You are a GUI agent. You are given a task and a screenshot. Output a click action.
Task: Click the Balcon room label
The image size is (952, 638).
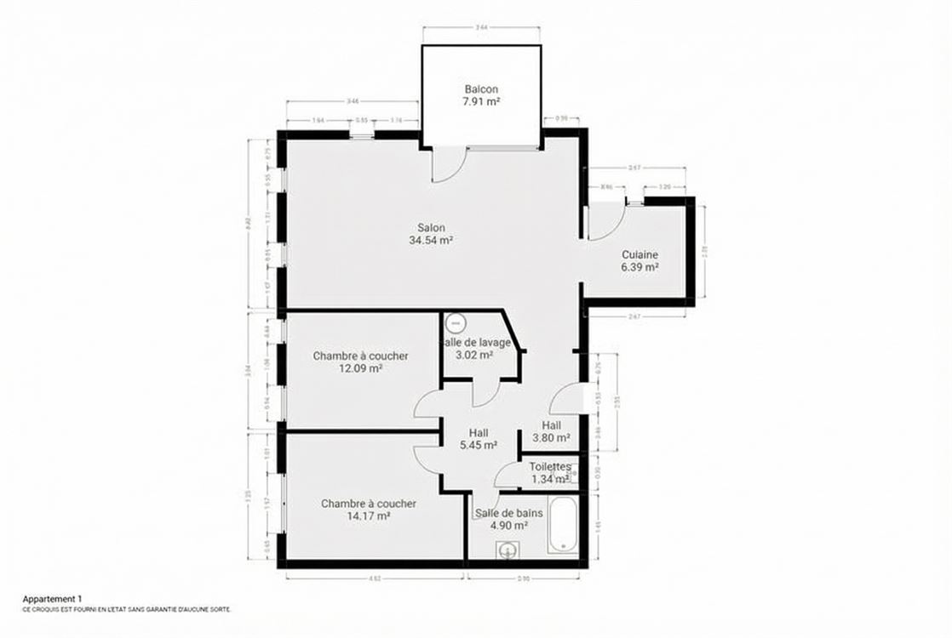click(x=481, y=89)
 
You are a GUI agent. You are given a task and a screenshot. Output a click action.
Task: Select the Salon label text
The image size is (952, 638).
click(x=431, y=227)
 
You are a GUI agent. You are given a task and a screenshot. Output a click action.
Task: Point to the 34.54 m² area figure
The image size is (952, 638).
click(x=431, y=240)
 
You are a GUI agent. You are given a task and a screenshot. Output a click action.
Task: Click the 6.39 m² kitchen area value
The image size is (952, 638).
click(x=639, y=267)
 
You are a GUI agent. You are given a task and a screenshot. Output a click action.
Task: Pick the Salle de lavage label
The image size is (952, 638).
click(x=476, y=343)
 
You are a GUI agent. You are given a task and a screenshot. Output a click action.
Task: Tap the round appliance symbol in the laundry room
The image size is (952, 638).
click(x=456, y=324)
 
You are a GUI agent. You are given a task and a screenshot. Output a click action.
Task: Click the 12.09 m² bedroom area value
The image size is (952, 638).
click(x=360, y=368)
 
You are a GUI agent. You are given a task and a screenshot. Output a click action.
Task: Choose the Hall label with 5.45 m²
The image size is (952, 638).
click(x=479, y=432)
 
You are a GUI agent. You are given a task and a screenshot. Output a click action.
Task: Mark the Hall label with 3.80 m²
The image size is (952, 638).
click(x=552, y=426)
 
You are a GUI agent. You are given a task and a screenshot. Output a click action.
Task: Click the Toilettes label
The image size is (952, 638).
click(x=550, y=467)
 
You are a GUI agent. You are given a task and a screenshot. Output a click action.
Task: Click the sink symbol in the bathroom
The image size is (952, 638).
click(x=508, y=551)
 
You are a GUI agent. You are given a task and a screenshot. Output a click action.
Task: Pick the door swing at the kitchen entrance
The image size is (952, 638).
click(x=605, y=221)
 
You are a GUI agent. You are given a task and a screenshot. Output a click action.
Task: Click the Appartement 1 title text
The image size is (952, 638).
click(x=53, y=599)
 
